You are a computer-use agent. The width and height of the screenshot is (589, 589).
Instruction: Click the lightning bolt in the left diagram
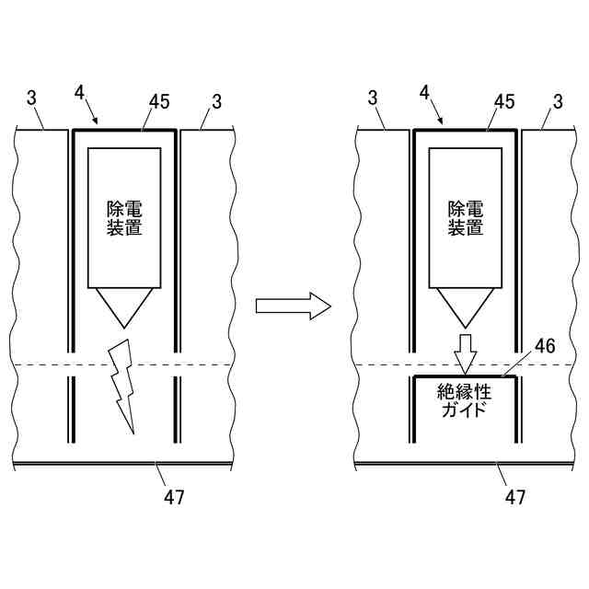121,387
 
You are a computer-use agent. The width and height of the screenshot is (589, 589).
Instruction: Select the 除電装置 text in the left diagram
124,219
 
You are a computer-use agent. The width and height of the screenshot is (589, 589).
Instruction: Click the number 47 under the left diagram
173,498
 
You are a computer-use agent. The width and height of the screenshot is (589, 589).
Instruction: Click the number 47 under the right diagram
515,498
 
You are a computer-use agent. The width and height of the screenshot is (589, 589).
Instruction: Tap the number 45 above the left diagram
159,101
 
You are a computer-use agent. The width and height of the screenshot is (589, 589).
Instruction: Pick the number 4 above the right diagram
423,93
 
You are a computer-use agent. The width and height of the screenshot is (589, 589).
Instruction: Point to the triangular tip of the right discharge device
467,307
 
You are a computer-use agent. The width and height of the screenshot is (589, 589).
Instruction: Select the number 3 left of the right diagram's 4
373,98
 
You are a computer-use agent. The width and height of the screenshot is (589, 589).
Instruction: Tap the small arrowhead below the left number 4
96,121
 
